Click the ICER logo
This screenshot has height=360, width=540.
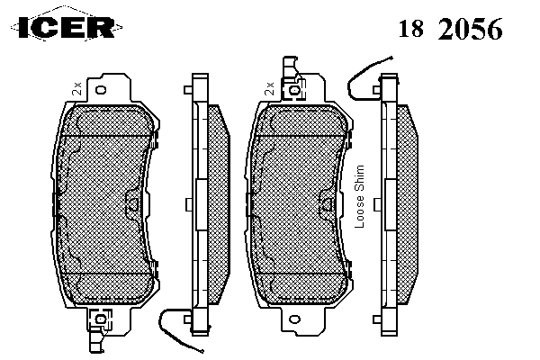(67, 27)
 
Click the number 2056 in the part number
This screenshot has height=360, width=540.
(470, 29)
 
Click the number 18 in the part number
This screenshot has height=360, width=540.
(411, 28)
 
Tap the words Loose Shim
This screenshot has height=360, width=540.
(359, 196)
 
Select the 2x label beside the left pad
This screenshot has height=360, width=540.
(76, 88)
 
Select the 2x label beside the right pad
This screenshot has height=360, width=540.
(269, 88)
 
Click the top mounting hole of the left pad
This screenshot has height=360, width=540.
(101, 90)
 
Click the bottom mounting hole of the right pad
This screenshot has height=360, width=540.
(294, 319)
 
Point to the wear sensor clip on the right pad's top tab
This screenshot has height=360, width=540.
(293, 90)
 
